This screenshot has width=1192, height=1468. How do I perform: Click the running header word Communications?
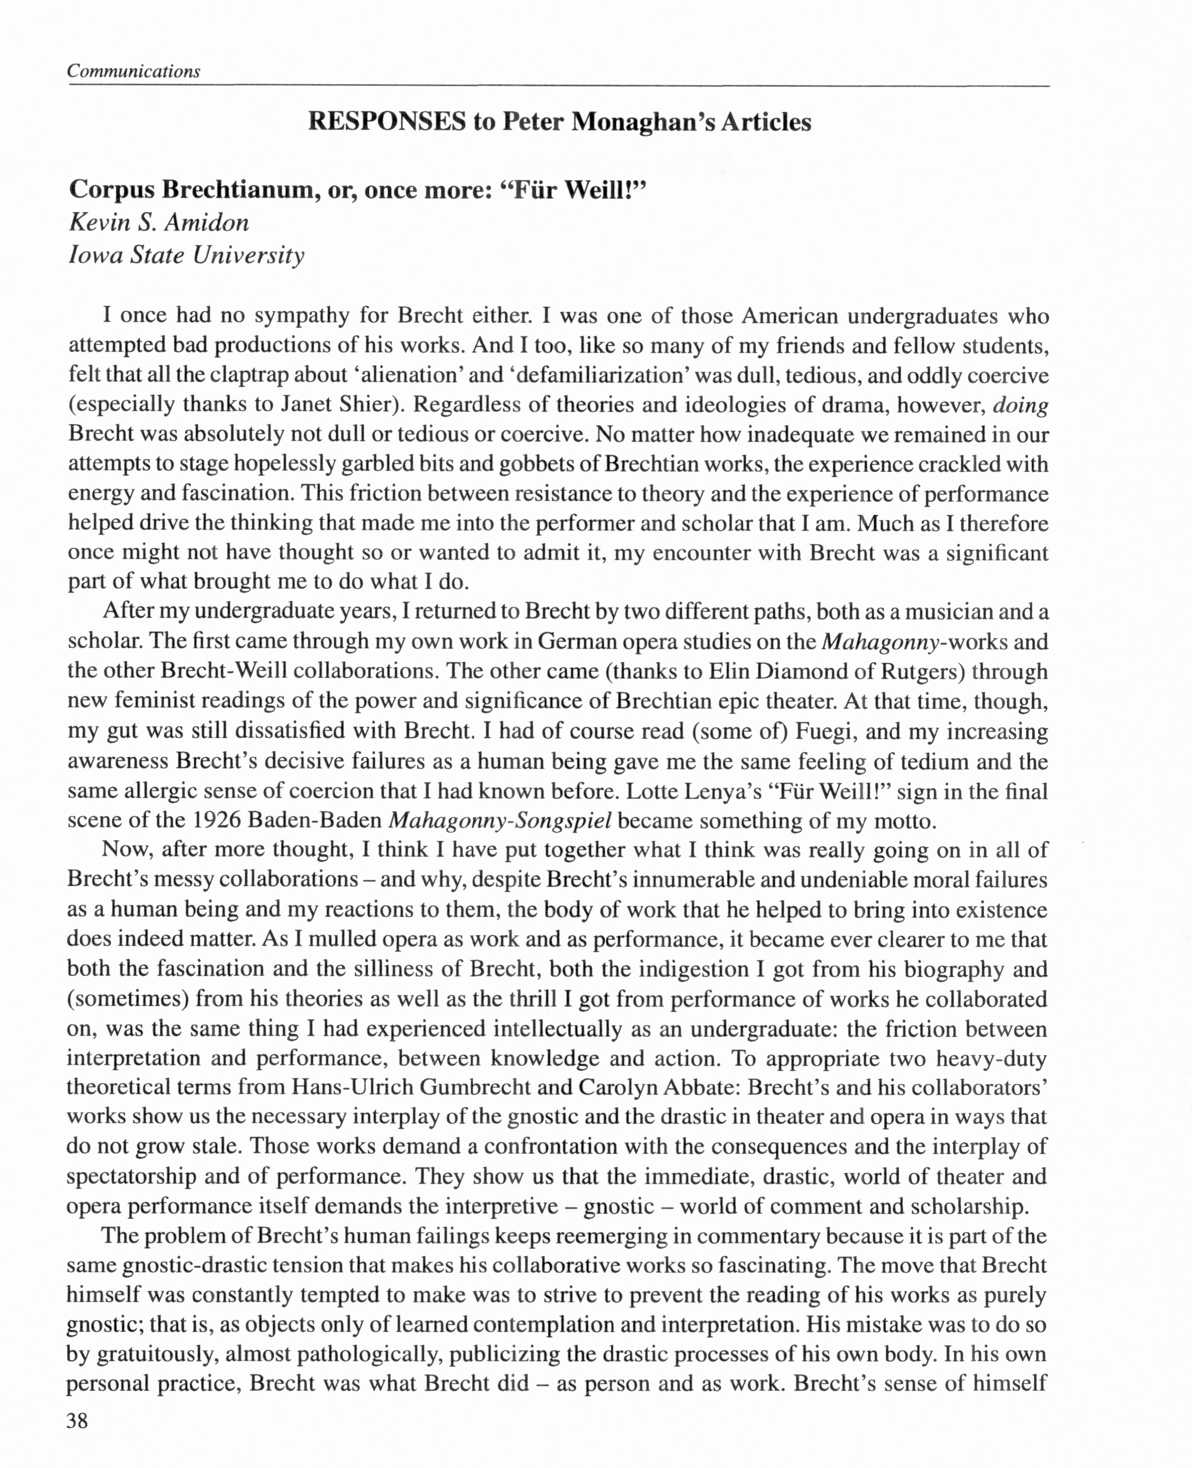pos(134,71)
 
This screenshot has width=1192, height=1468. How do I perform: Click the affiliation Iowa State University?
pos(186,256)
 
